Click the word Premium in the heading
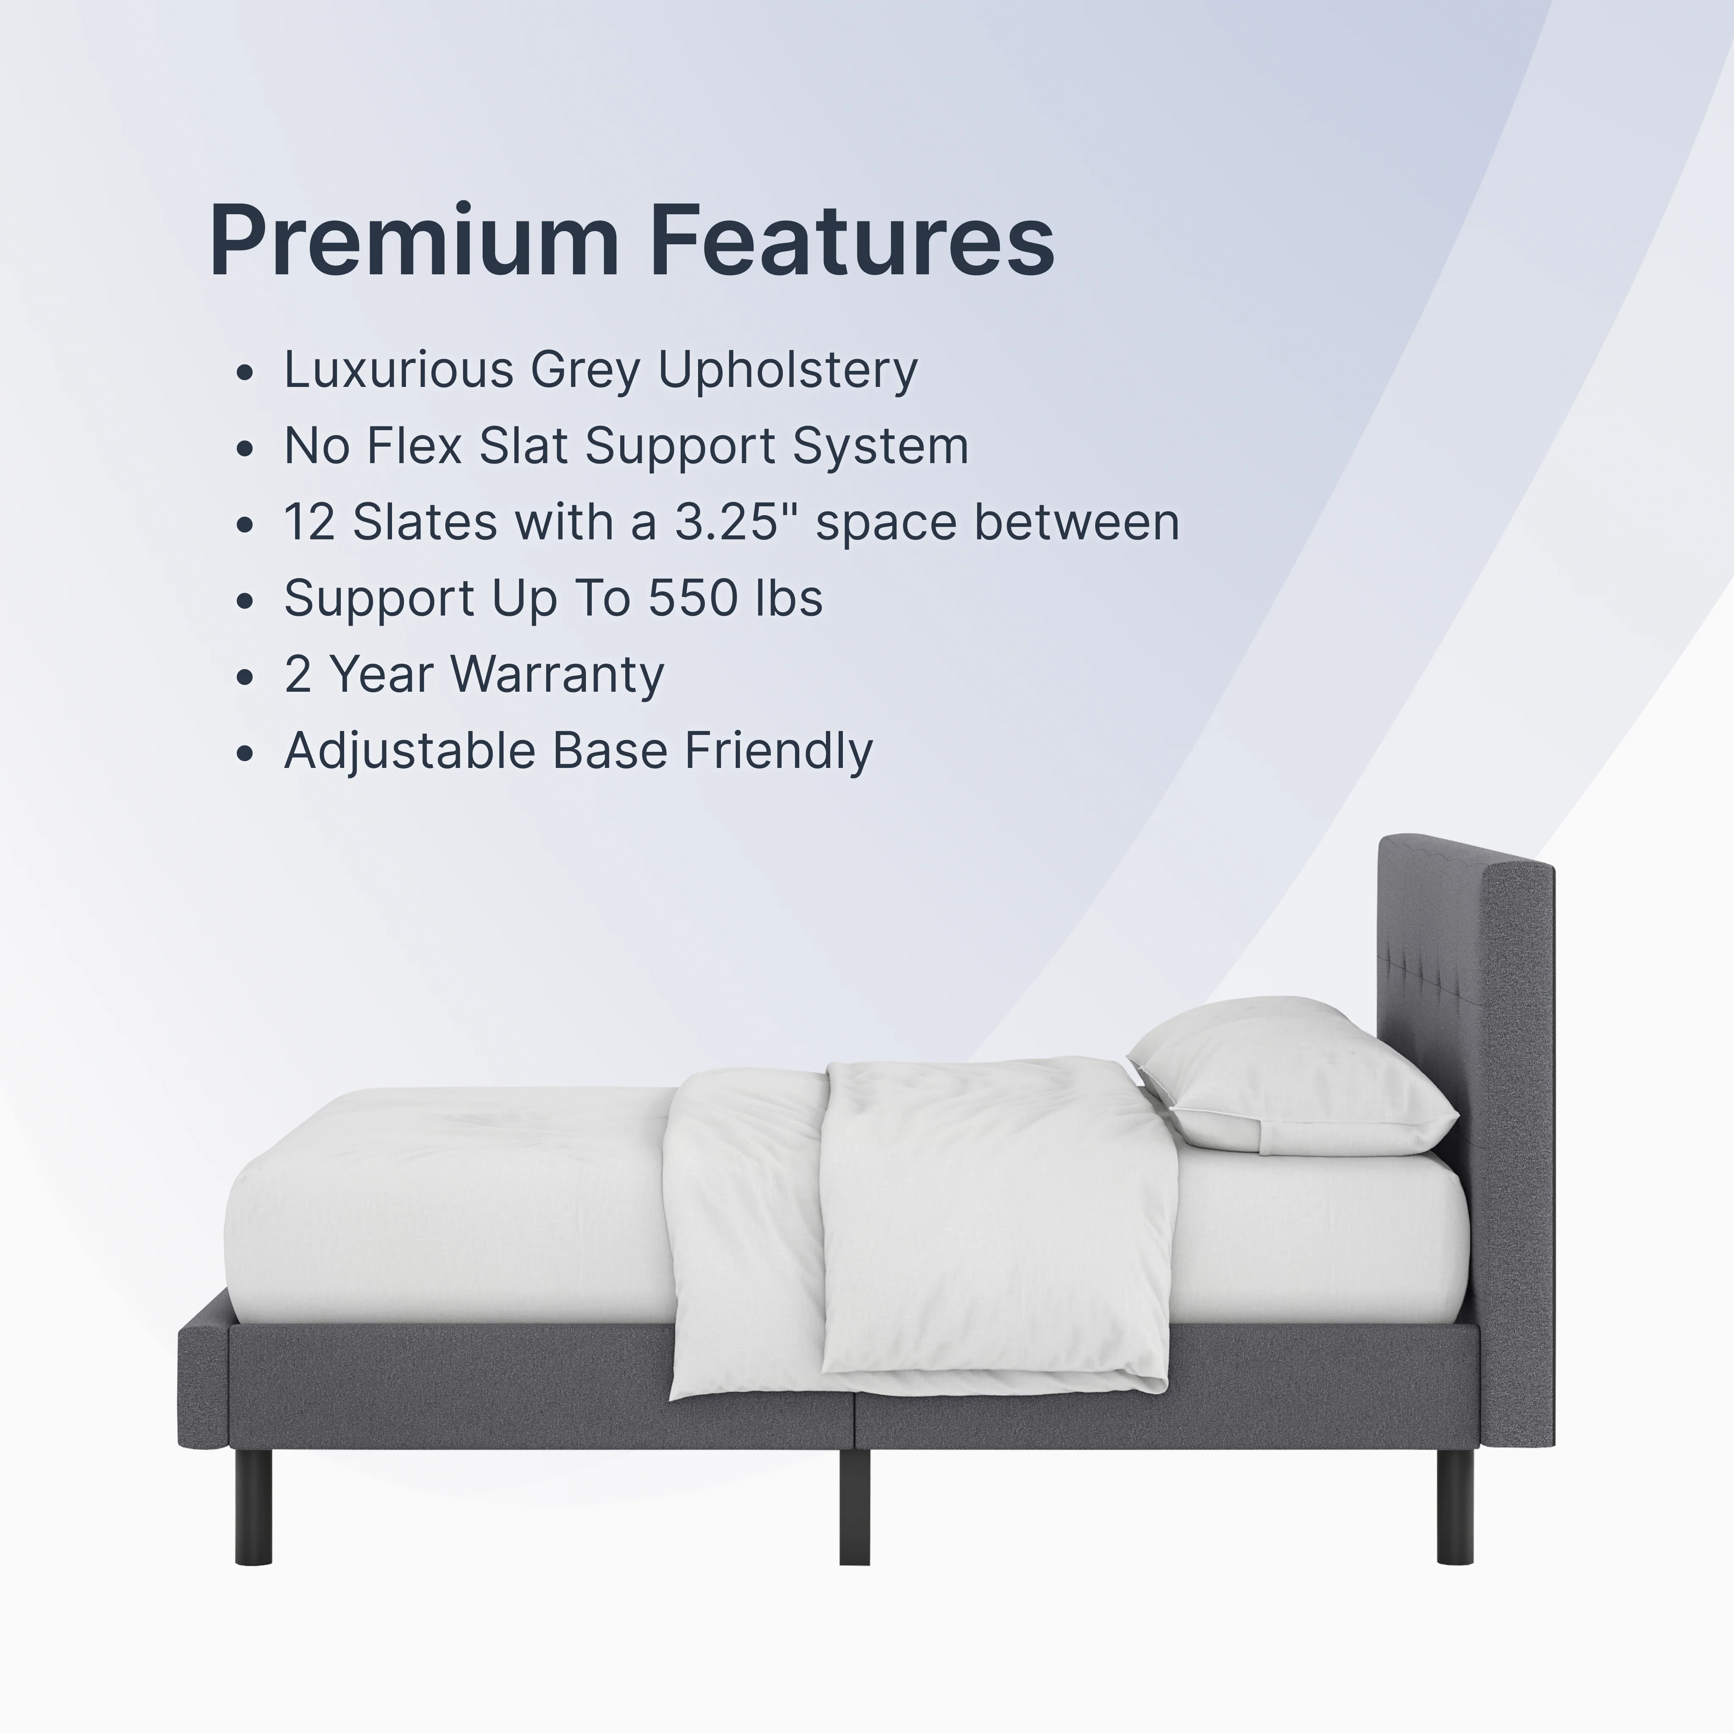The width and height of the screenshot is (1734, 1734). (414, 240)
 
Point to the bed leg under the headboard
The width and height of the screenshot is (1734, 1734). (1454, 1505)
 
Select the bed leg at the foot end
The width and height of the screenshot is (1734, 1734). (253, 1505)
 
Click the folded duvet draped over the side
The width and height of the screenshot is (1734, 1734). (925, 1230)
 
